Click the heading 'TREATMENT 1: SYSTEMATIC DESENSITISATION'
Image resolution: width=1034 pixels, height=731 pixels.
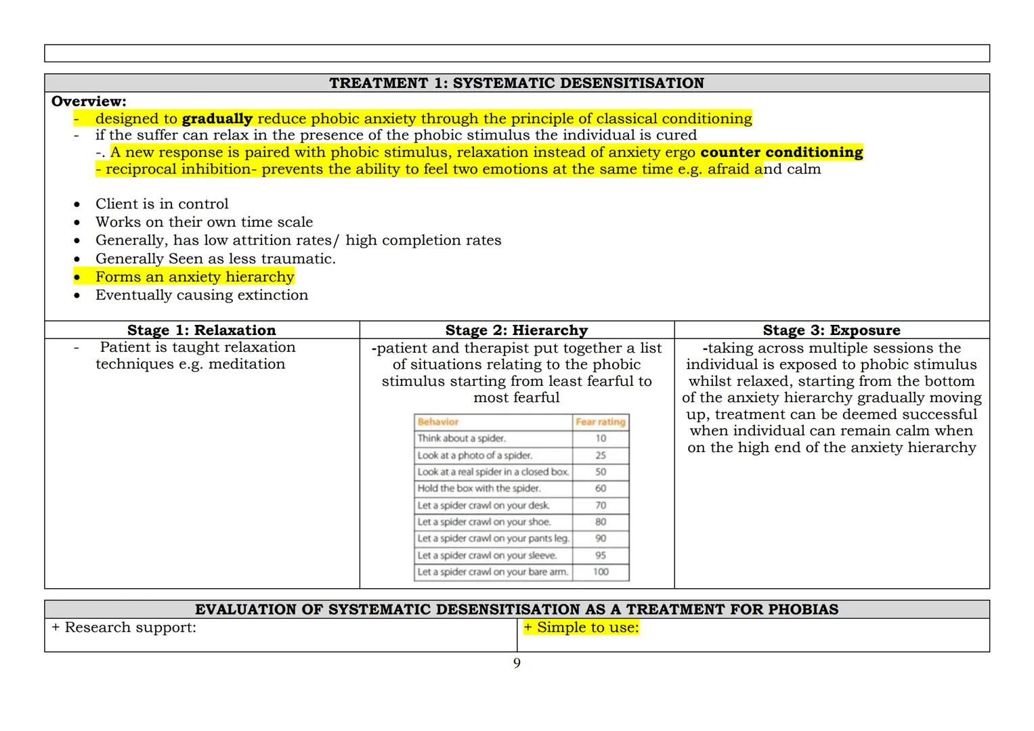click(516, 83)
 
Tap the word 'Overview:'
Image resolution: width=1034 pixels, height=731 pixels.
click(89, 102)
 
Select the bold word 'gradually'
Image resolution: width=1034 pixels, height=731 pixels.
click(217, 119)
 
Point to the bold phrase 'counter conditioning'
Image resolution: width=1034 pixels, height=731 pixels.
click(781, 152)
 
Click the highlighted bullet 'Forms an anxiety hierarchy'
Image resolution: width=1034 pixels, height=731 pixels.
click(194, 277)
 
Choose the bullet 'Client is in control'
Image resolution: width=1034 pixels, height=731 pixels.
click(162, 204)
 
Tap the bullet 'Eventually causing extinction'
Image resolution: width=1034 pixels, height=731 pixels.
click(201, 295)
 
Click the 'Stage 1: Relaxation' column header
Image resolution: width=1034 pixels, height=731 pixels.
click(201, 330)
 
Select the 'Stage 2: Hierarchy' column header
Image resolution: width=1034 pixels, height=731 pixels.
click(516, 330)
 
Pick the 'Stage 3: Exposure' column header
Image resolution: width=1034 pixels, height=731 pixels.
click(831, 330)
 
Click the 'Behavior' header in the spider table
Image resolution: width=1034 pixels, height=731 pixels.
click(438, 422)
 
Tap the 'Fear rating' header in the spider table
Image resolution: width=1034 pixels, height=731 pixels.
click(600, 422)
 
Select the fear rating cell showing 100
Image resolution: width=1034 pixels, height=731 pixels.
click(600, 572)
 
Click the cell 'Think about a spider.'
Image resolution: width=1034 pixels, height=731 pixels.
click(461, 439)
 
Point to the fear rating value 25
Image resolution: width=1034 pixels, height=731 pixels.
click(600, 456)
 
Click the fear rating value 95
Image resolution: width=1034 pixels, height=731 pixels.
click(600, 555)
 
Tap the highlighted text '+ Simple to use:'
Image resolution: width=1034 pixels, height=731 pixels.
click(581, 627)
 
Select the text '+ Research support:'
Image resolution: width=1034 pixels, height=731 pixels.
click(123, 627)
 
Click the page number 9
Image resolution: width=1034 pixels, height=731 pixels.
click(517, 663)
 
